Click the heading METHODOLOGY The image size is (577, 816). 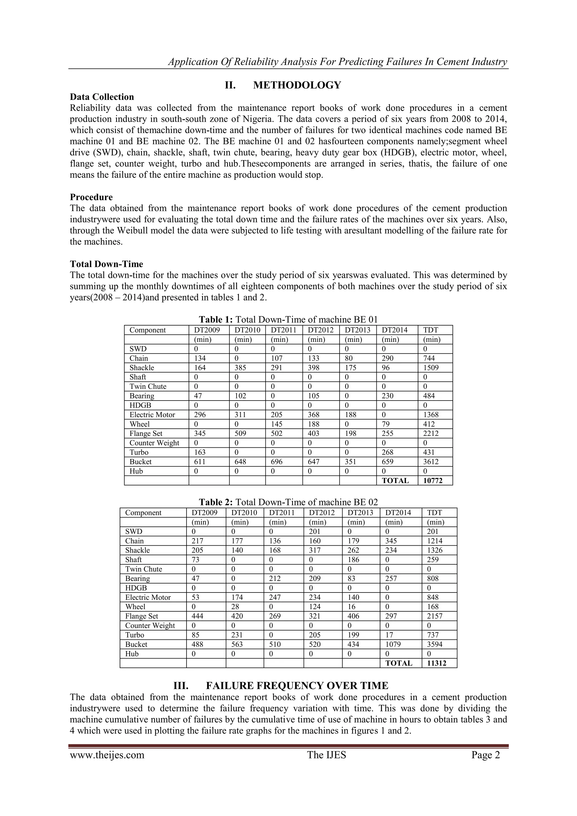click(297, 85)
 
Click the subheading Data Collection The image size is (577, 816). click(102, 97)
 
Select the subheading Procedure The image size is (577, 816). click(91, 197)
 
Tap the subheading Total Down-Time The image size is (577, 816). click(106, 264)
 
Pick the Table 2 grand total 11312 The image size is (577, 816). click(437, 663)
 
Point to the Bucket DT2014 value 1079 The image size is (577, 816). click(393, 644)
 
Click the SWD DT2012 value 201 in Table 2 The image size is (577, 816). click(314, 532)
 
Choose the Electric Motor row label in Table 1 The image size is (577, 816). click(152, 415)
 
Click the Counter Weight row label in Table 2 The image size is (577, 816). click(150, 625)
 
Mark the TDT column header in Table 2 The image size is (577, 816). click(434, 512)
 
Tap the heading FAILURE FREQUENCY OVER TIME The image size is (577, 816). click(297, 685)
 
